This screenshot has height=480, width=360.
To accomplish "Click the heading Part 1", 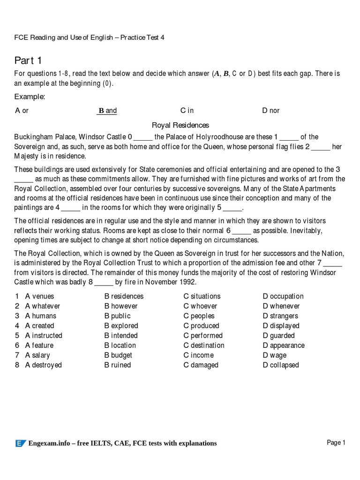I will (29, 60).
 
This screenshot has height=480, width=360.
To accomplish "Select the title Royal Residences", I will (180, 125).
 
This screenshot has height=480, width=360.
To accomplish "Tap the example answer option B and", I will (107, 111).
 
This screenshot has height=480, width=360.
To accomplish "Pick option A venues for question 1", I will (39, 296).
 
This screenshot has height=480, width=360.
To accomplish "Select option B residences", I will (124, 296).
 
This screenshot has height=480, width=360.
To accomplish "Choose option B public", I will (117, 316).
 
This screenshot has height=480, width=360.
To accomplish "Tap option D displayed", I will (281, 326).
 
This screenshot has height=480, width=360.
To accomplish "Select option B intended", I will (121, 336).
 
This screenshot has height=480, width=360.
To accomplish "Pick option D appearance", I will (284, 345).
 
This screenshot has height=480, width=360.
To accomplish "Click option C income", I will (198, 355).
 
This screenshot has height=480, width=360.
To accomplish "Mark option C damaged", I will (201, 365).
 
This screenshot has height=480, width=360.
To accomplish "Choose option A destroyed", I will (43, 365).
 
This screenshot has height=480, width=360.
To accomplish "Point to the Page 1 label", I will (336, 442).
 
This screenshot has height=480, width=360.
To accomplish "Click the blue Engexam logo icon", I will (20, 443).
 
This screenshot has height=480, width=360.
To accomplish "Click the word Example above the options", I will (30, 97).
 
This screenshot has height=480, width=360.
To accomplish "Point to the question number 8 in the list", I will (17, 365).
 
